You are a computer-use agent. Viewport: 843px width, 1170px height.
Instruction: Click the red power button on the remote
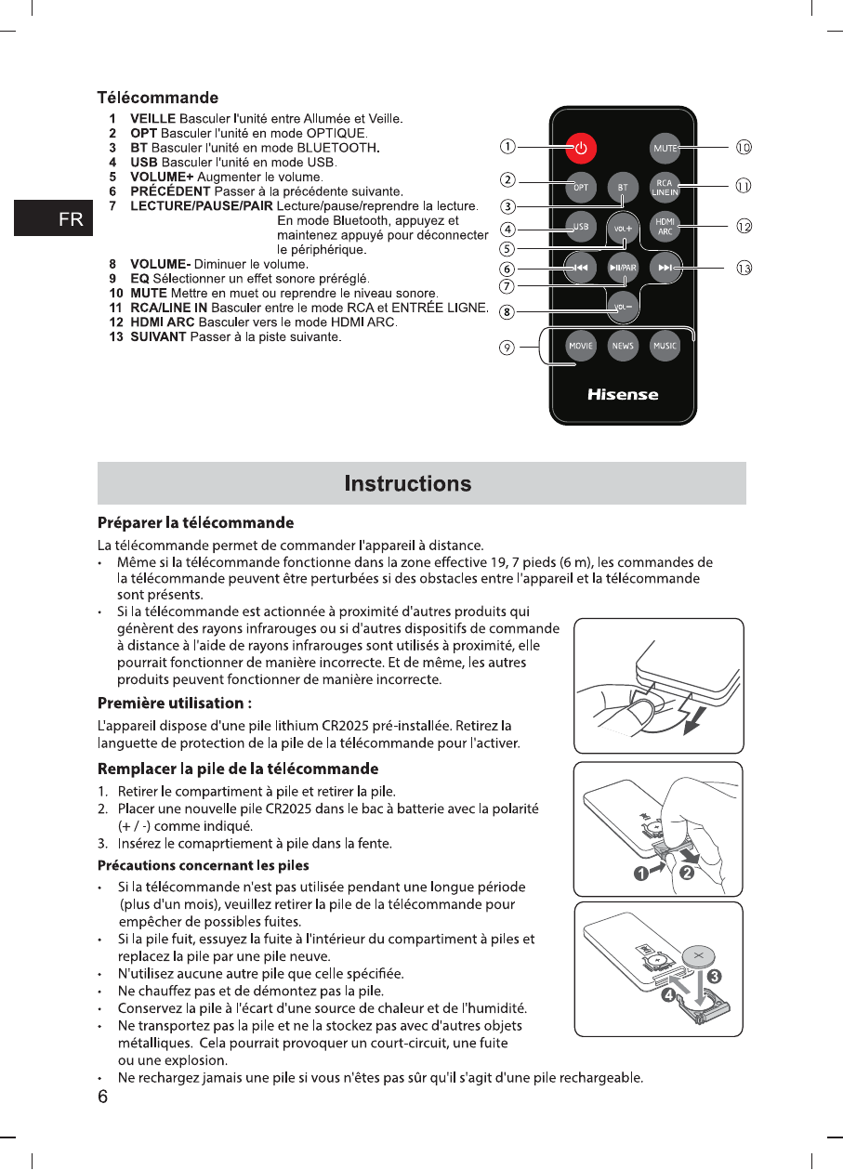580,148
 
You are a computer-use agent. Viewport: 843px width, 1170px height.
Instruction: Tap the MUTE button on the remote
665,148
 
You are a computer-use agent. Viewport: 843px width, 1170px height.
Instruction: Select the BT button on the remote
622,188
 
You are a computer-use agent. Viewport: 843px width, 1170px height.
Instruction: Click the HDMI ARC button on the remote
665,227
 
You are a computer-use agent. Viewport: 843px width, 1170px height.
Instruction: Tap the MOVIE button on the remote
580,346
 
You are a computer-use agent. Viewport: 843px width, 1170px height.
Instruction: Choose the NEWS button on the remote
622,346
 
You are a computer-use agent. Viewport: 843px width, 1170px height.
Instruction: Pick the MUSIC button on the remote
665,346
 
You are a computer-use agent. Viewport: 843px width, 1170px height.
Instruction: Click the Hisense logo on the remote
623,395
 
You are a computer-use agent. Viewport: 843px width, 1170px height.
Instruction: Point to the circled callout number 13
744,269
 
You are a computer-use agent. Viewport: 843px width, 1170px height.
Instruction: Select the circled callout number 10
744,147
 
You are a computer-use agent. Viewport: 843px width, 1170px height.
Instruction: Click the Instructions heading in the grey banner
408,483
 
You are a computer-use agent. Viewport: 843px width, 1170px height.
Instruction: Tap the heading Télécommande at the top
158,98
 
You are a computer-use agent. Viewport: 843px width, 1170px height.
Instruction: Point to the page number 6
104,1097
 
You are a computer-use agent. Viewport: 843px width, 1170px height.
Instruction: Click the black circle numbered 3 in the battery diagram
714,977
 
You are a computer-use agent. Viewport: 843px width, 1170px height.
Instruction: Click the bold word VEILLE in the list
152,119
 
